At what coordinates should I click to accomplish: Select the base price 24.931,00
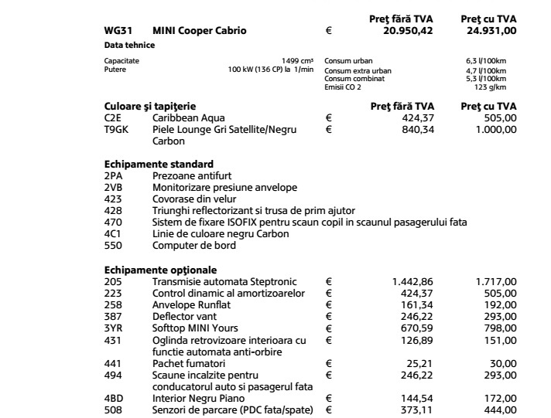pos(488,31)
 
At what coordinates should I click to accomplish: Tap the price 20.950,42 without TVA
pos(408,31)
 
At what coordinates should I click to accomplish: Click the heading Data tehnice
pos(129,46)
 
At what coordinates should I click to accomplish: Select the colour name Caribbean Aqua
pos(189,118)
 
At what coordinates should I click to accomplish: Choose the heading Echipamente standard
pos(159,165)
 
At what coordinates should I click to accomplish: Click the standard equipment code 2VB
pos(113,188)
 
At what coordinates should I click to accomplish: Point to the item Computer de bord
pos(194,246)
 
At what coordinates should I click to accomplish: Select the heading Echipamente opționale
pos(161,270)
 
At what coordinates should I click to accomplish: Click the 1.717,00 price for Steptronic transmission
pos(495,281)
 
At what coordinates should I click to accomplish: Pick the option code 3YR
pos(113,328)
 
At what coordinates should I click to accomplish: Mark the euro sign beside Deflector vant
pos(328,316)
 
